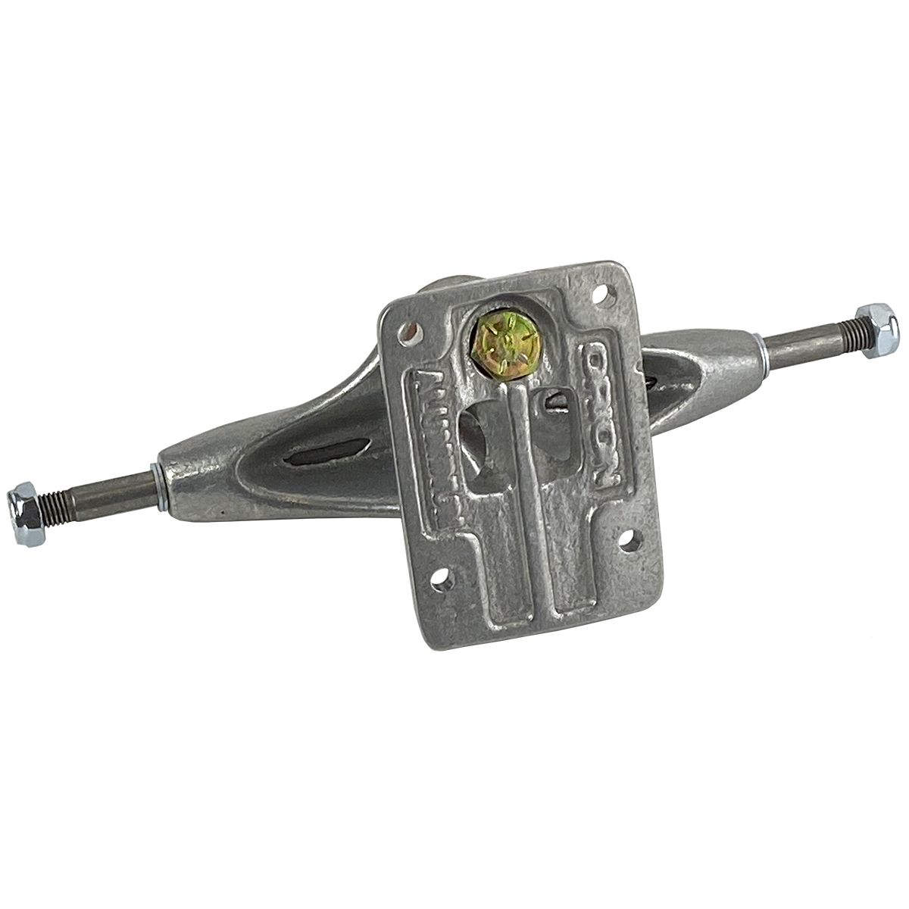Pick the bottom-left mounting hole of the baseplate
coord(440,581)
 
